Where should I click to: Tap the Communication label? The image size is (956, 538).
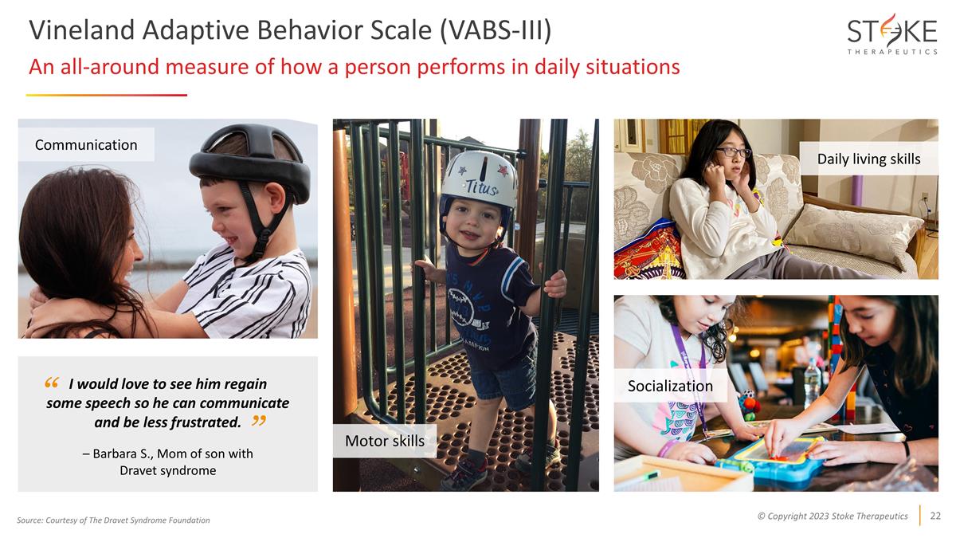pyautogui.click(x=86, y=144)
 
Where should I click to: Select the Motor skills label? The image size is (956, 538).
pyautogui.click(x=384, y=441)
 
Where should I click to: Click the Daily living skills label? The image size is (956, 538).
pyautogui.click(x=868, y=159)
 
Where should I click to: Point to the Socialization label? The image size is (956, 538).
pyautogui.click(x=670, y=386)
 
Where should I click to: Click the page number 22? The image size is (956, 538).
pyautogui.click(x=935, y=516)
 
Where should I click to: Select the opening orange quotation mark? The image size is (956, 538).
pyautogui.click(x=53, y=383)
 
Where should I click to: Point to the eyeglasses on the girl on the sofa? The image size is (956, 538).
pyautogui.click(x=732, y=152)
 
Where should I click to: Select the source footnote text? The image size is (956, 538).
pyautogui.click(x=113, y=520)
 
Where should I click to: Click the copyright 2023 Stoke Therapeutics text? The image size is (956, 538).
pyautogui.click(x=832, y=516)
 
